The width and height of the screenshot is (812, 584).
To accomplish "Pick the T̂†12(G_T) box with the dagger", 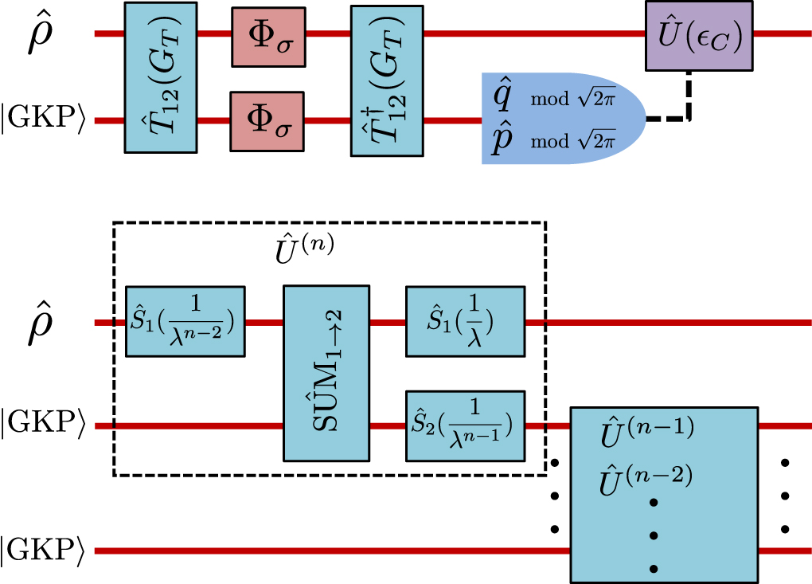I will [387, 77].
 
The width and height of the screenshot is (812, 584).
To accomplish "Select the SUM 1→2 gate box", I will [326, 373].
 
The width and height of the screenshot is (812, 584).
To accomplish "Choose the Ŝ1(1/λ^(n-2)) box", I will [185, 321].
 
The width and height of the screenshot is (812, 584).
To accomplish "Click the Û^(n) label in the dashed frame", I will [299, 248].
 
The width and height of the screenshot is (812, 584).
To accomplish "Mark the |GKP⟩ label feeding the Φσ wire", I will [42, 122].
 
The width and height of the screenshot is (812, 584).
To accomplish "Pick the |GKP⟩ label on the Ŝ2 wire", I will [42, 426].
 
